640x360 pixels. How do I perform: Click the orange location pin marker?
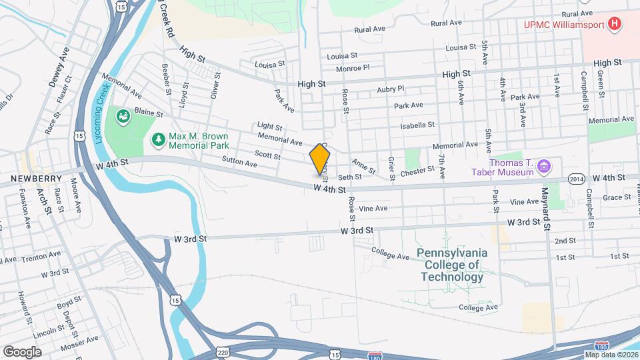[320, 159]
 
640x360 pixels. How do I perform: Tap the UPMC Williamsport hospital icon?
[615, 25]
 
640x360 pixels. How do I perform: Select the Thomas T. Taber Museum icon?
[543, 165]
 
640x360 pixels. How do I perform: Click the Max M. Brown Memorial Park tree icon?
[158, 139]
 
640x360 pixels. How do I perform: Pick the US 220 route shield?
[223, 351]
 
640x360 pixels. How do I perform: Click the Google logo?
[22, 352]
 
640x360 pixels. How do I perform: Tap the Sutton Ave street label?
[239, 163]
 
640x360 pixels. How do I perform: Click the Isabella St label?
[417, 125]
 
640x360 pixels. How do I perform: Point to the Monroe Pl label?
[353, 68]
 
